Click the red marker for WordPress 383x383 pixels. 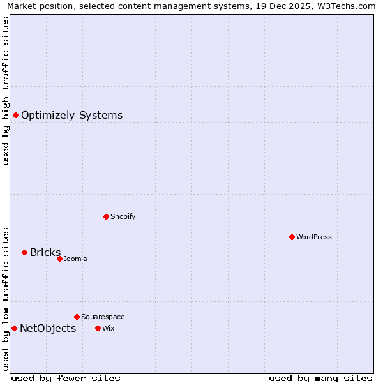coord(292,237)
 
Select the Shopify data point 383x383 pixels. coord(106,216)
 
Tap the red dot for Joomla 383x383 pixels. coord(59,259)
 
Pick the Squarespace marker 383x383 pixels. coord(77,317)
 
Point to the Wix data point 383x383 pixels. coord(98,328)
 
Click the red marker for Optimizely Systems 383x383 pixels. coord(15,115)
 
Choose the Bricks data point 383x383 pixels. coord(24,252)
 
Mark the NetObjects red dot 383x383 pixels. coord(14,328)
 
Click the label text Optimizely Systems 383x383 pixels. coord(71,116)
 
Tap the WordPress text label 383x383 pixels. coord(314,237)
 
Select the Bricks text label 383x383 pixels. coord(45,253)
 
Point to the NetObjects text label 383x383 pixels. coord(48,329)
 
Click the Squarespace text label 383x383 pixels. coord(103,317)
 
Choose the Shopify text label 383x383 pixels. coord(123,216)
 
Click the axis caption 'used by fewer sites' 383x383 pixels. coord(66,378)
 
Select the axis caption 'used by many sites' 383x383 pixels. coord(320,378)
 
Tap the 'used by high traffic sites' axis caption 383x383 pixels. coord(6,91)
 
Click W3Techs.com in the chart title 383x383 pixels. coord(348,6)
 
